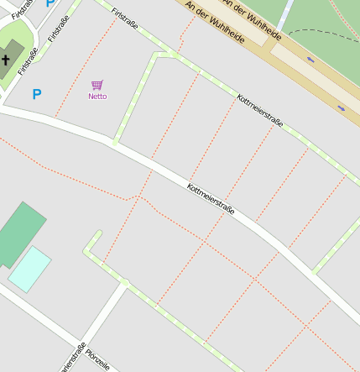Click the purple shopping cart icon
[97, 85]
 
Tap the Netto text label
[97, 97]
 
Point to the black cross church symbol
[6, 60]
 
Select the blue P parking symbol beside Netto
[36, 94]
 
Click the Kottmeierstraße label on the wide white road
[211, 199]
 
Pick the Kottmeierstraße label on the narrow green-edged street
[260, 111]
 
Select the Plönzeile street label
[97, 359]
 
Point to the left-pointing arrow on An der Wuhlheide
[311, 60]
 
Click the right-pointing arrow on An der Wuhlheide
[341, 107]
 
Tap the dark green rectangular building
[18, 233]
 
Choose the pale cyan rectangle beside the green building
[29, 269]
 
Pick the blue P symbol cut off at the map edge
[50, 3]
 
